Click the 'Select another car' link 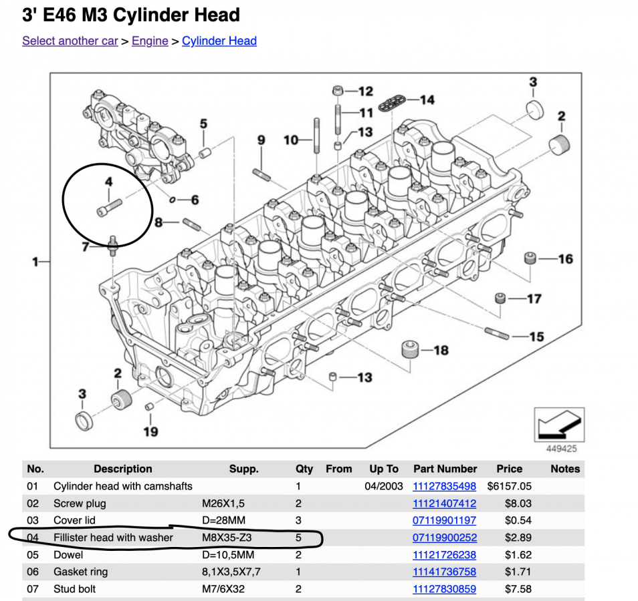point(70,41)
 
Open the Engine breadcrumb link point(150,41)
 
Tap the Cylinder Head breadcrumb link point(219,41)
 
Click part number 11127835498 point(445,486)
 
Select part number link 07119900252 point(445,538)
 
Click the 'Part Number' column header point(445,469)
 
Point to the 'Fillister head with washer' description point(113,538)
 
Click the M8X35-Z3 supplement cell point(227,538)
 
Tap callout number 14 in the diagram point(427,100)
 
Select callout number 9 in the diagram point(261,140)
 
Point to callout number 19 point(150,431)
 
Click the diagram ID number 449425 point(560,449)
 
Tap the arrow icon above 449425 point(559,424)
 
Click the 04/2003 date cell point(384,486)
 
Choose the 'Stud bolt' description point(74,589)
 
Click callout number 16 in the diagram point(565,259)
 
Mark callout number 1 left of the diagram point(35,262)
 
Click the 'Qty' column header point(304,469)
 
